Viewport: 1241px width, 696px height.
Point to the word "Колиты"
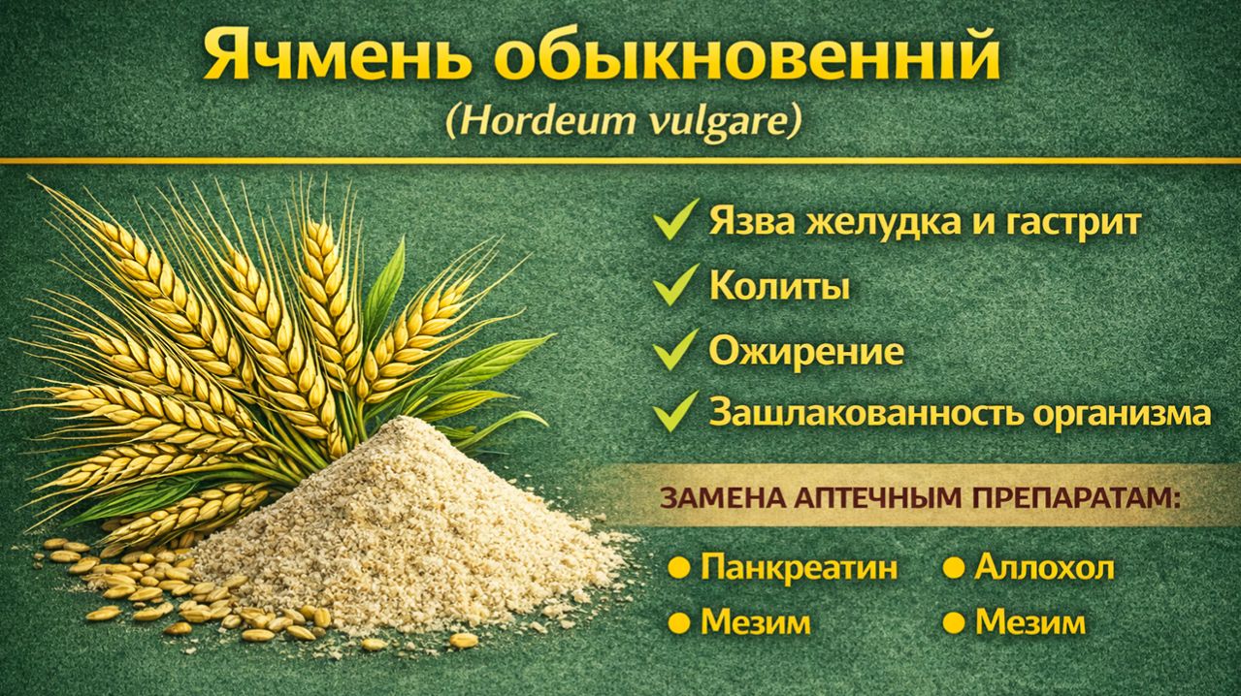(780, 287)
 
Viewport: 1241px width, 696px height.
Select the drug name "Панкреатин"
(798, 568)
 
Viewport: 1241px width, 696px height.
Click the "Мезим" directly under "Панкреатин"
(755, 621)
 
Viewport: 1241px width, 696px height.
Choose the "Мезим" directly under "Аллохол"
(1029, 621)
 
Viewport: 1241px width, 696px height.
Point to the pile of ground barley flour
(408, 523)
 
